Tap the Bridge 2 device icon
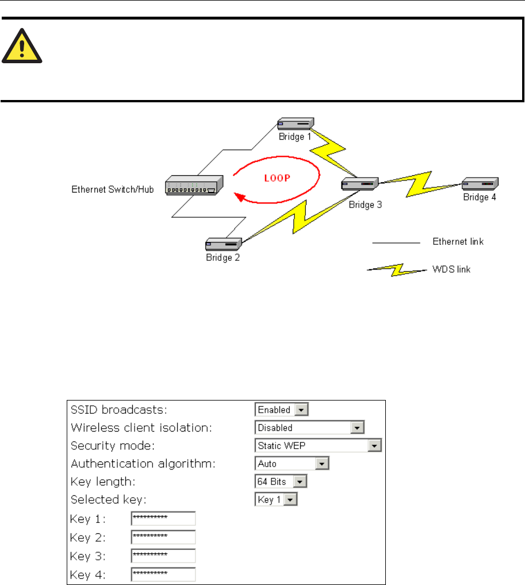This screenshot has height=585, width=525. tap(223, 244)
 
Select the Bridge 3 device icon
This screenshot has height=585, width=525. tap(359, 184)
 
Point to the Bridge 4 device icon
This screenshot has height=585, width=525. tap(480, 184)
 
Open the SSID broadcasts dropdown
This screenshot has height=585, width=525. tap(281, 410)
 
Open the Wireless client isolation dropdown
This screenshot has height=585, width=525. tap(309, 428)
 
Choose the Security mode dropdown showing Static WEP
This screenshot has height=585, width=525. tap(318, 445)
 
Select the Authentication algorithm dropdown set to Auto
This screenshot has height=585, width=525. tap(291, 463)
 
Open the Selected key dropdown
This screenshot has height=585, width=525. tap(277, 499)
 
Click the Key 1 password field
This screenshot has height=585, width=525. tap(163, 519)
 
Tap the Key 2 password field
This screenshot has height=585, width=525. tap(163, 537)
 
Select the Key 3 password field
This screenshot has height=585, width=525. tap(163, 556)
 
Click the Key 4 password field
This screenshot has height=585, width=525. tap(163, 574)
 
